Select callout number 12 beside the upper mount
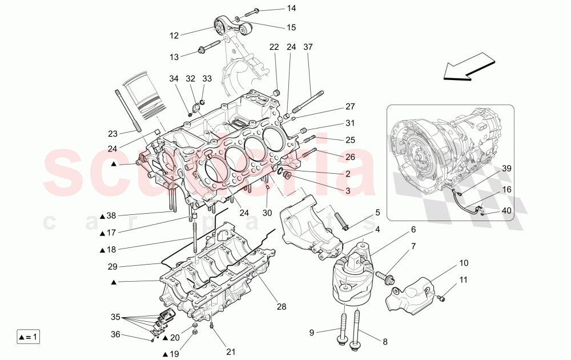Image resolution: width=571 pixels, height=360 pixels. pos(174,35)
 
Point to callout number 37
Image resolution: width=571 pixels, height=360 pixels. pos(308,47)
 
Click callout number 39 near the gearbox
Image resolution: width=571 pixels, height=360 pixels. pos(507,169)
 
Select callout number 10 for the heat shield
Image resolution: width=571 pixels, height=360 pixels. pos(464,264)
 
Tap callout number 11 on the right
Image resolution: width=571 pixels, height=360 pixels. pos(464,280)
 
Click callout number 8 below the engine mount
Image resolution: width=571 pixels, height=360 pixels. pos(384,342)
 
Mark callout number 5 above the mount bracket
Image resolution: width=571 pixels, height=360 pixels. pos(377,213)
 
